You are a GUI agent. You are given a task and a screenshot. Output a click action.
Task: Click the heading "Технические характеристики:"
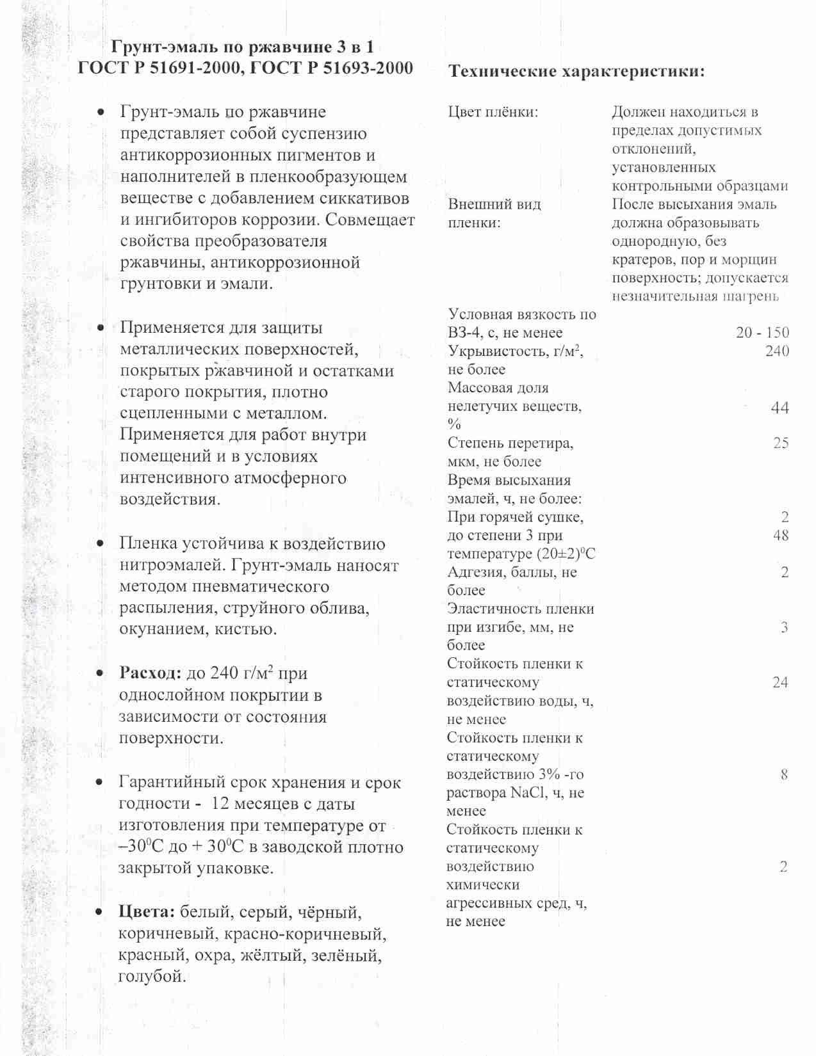(x=576, y=71)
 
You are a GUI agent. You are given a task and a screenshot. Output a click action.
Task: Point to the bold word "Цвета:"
(x=147, y=912)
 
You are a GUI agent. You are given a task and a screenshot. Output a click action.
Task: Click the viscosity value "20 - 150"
(x=762, y=333)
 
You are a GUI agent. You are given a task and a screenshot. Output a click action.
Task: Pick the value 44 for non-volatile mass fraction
(x=779, y=408)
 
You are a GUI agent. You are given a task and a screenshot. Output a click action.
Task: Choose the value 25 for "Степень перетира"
(x=780, y=443)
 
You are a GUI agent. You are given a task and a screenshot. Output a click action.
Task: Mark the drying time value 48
(x=780, y=535)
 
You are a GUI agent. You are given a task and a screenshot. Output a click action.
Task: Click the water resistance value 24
(x=779, y=682)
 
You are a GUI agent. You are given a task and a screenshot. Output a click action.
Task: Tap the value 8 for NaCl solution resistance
(x=784, y=775)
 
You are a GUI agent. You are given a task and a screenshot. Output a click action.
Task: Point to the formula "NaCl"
(x=527, y=793)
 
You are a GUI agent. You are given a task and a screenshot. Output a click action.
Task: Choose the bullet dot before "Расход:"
(x=100, y=674)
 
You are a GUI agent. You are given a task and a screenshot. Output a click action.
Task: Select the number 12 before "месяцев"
(x=220, y=804)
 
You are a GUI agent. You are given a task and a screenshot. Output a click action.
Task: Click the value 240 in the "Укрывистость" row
(x=777, y=351)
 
